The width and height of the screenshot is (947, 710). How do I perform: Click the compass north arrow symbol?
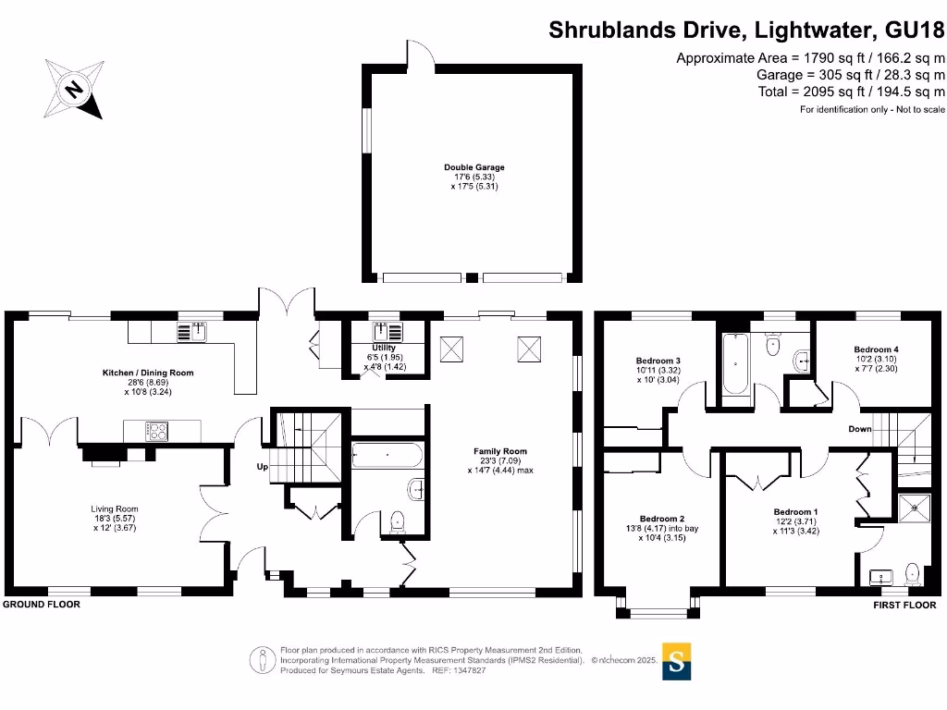click(75, 89)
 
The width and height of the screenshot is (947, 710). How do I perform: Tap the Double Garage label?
click(473, 167)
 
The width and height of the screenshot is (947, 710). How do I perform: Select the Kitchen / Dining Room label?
click(147, 373)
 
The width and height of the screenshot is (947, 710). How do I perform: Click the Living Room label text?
click(114, 508)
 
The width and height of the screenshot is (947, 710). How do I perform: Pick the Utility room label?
click(384, 348)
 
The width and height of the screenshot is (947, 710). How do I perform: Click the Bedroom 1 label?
click(795, 511)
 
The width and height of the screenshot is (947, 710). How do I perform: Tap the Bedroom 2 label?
click(661, 519)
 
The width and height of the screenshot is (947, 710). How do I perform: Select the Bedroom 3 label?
click(658, 361)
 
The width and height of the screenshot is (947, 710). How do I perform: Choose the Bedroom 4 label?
click(876, 349)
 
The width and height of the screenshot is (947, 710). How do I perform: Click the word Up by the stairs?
click(262, 467)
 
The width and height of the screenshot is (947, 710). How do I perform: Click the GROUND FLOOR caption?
click(42, 605)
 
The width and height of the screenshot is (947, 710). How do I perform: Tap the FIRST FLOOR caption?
click(904, 606)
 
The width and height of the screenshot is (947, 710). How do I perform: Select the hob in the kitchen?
click(155, 430)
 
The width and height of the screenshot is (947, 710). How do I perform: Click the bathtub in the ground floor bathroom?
click(387, 455)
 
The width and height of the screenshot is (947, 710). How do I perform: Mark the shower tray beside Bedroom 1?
click(916, 505)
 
